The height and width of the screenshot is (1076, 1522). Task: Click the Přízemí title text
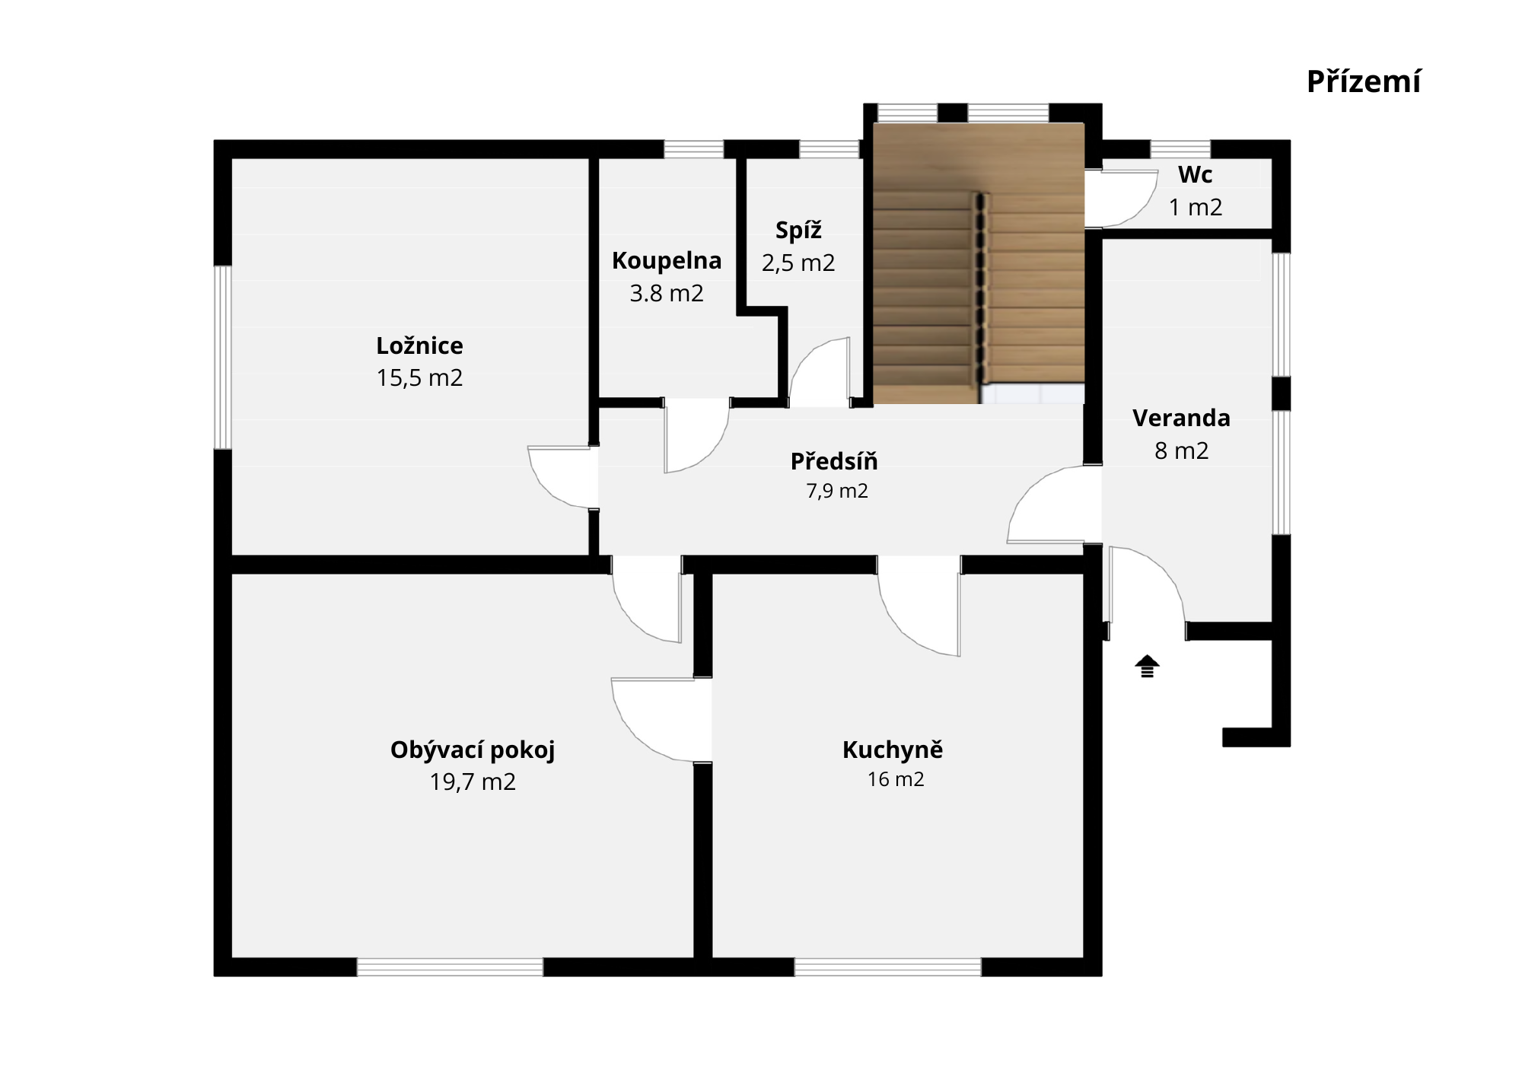click(x=1363, y=82)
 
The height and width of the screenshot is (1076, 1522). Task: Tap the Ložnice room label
click(x=419, y=346)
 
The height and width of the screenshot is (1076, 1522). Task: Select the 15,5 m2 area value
click(x=419, y=378)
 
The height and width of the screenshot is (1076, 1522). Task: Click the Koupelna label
click(x=667, y=261)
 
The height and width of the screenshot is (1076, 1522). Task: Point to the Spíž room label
click(x=798, y=230)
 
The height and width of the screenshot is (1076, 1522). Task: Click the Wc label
click(x=1195, y=175)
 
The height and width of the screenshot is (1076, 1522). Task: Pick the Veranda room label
click(x=1181, y=419)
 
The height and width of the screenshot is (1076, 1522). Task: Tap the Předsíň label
click(x=834, y=461)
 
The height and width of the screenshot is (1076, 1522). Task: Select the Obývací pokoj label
click(x=473, y=750)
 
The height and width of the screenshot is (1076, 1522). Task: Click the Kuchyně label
click(x=893, y=750)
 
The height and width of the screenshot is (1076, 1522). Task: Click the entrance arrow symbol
click(x=1147, y=666)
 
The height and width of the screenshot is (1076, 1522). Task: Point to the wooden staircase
click(x=978, y=263)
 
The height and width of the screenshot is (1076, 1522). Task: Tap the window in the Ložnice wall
click(x=222, y=358)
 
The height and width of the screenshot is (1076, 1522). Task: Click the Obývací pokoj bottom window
click(x=450, y=967)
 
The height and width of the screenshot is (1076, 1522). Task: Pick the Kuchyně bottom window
click(x=888, y=967)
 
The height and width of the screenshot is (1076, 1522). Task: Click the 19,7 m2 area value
click(x=473, y=782)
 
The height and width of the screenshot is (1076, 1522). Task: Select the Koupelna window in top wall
click(x=693, y=149)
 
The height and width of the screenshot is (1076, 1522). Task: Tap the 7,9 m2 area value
click(x=837, y=492)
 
